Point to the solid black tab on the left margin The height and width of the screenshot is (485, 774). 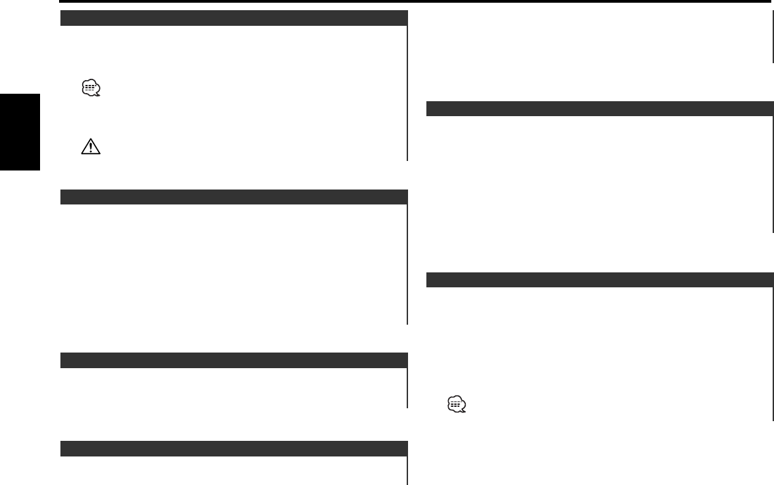pyautogui.click(x=20, y=132)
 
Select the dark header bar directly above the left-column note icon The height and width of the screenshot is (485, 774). pyautogui.click(x=234, y=18)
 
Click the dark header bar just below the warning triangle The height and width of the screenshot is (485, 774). pyautogui.click(x=234, y=197)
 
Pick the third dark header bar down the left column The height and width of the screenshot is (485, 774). pyautogui.click(x=234, y=360)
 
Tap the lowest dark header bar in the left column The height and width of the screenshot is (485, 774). pyautogui.click(x=234, y=448)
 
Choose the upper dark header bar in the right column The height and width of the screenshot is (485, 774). pyautogui.click(x=600, y=109)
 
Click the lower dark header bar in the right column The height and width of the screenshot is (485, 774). pyautogui.click(x=600, y=280)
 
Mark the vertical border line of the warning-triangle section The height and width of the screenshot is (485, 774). pyautogui.click(x=407, y=92)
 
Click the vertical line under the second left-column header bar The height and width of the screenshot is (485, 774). pyautogui.click(x=407, y=265)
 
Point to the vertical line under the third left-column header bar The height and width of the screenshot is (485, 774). pyautogui.click(x=407, y=388)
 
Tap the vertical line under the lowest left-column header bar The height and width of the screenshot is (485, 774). pyautogui.click(x=407, y=470)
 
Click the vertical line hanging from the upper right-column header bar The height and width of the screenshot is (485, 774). pyautogui.click(x=773, y=174)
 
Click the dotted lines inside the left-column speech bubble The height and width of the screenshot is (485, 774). pyautogui.click(x=90, y=88)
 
